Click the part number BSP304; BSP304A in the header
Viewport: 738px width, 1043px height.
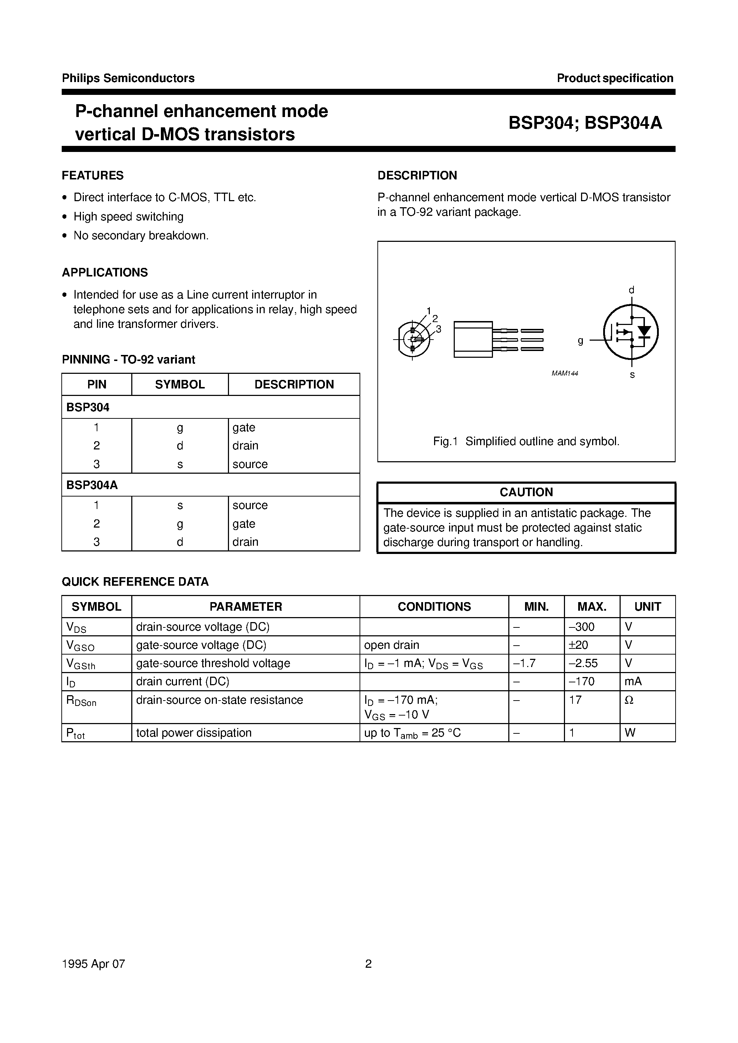pyautogui.click(x=585, y=123)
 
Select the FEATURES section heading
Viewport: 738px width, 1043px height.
pyautogui.click(x=93, y=175)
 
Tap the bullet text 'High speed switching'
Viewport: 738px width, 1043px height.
pyautogui.click(x=129, y=217)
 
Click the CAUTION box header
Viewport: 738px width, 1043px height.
pyautogui.click(x=526, y=492)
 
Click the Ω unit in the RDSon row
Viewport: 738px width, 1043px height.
pyautogui.click(x=629, y=700)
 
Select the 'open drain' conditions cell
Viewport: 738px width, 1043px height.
pyautogui.click(x=391, y=645)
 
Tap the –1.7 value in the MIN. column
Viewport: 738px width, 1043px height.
pyautogui.click(x=524, y=663)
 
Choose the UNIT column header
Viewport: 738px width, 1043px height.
pyautogui.click(x=647, y=607)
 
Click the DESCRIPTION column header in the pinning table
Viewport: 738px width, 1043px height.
pyautogui.click(x=294, y=385)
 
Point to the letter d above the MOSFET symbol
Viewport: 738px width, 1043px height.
pyautogui.click(x=631, y=290)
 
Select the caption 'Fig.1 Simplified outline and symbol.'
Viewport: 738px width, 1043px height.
pyautogui.click(x=526, y=441)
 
